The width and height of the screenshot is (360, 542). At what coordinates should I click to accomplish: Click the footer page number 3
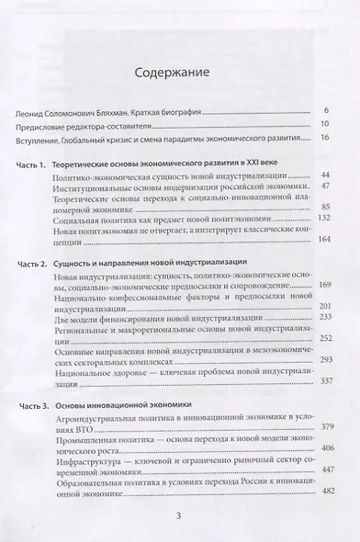click(180, 519)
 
